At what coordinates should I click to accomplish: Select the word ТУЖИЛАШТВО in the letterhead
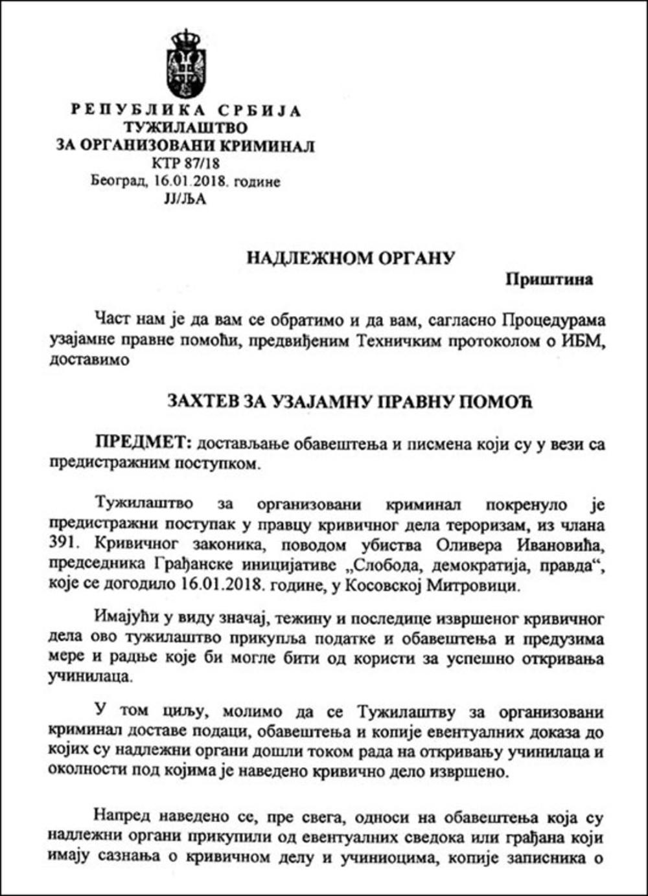tap(185, 128)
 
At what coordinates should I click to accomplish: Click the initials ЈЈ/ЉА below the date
tap(185, 199)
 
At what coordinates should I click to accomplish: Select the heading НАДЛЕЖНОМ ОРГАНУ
tap(351, 258)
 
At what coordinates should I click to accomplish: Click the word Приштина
tap(550, 279)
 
